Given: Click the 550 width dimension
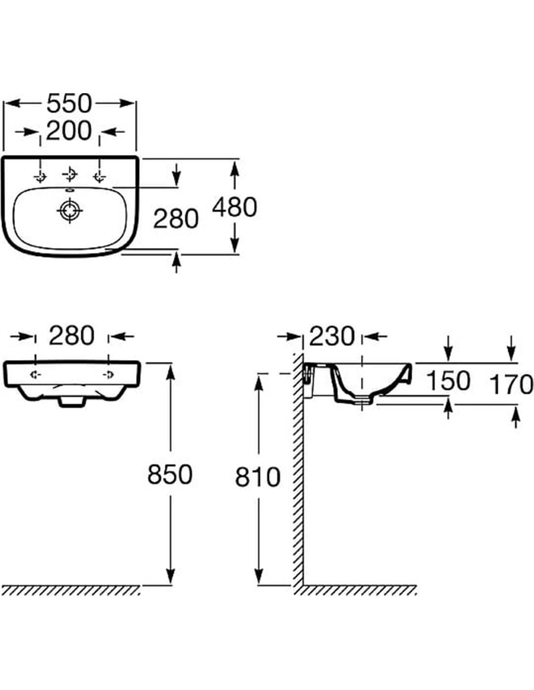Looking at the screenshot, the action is (x=69, y=103).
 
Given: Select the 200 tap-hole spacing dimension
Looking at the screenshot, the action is (x=69, y=131).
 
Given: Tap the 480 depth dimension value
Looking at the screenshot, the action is (x=234, y=207).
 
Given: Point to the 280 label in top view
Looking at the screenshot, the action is (x=176, y=219).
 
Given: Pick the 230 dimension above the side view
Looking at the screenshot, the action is (x=332, y=336).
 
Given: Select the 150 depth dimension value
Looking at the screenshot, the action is (x=448, y=381).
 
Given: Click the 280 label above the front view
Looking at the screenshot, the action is (x=72, y=336).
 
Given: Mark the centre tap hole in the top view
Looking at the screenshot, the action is (x=70, y=174).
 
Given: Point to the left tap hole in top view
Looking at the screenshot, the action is (x=40, y=176).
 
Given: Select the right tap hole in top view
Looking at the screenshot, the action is (x=100, y=176).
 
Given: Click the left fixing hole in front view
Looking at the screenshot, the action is (x=35, y=375).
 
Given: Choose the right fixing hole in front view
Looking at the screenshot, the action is (x=108, y=375).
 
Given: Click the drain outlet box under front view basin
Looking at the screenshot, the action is (x=72, y=402).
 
